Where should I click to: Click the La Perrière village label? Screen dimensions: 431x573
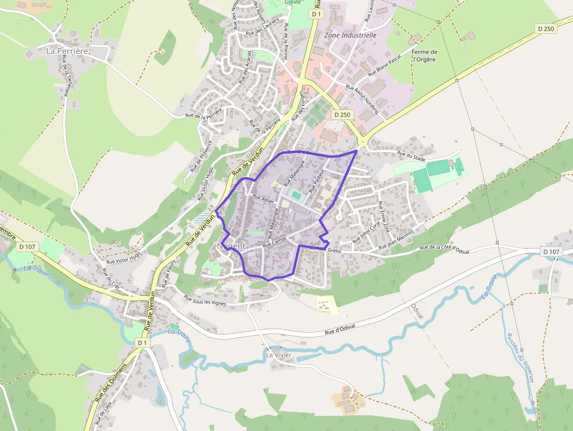click(x=67, y=51)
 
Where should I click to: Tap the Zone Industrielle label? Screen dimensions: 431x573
click(x=350, y=35)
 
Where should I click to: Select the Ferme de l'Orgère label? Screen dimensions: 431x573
click(x=424, y=56)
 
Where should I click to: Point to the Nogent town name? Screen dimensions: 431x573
click(x=232, y=246)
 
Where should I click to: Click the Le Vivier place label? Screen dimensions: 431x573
click(x=278, y=355)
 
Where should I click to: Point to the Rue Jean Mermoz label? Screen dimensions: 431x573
click(x=396, y=240)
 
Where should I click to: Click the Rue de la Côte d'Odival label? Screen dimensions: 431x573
click(x=445, y=249)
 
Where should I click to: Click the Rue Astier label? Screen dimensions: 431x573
click(x=263, y=199)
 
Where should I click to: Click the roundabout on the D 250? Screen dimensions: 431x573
click(x=362, y=141)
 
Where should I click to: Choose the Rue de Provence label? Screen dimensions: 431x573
click(x=201, y=156)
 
